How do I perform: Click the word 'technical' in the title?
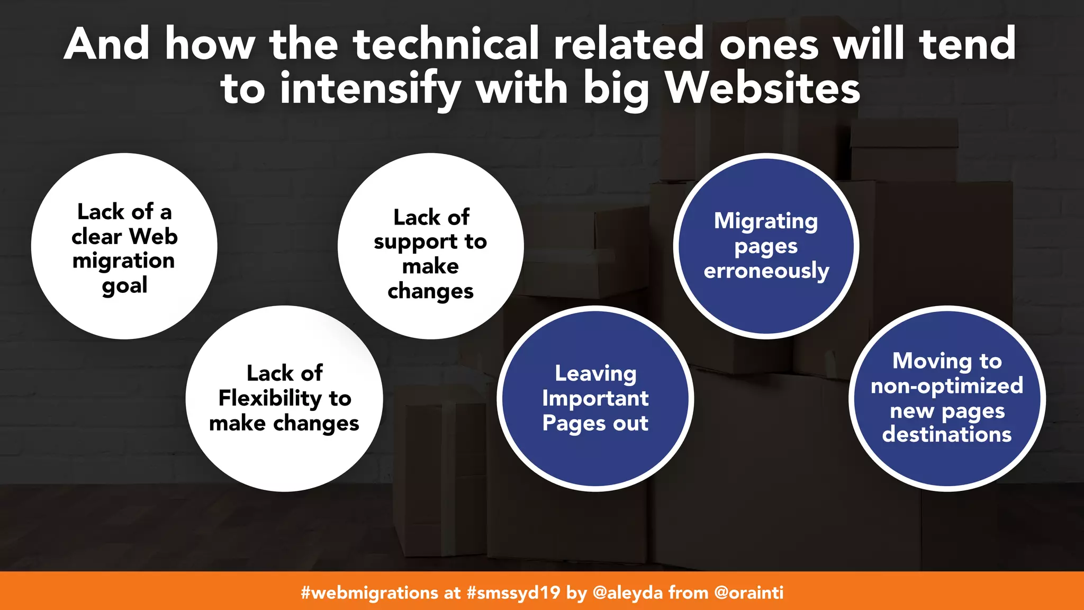pos(446,44)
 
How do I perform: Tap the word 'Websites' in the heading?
pos(763,88)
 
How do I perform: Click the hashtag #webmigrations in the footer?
pos(369,592)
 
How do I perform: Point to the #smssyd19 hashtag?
pos(513,592)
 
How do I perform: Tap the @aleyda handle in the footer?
pos(627,592)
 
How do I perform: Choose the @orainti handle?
pos(748,592)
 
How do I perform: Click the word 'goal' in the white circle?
pos(124,286)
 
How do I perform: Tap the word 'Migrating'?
pos(766,221)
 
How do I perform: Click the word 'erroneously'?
pos(766,271)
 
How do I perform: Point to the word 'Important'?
pos(595,398)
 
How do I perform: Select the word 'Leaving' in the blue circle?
pos(595,373)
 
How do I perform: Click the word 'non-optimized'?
pos(947,385)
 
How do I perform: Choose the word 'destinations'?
pos(947,435)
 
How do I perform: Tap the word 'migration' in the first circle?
pos(124,261)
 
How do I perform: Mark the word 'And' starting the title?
pos(106,44)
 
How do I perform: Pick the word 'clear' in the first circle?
pos(96,237)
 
